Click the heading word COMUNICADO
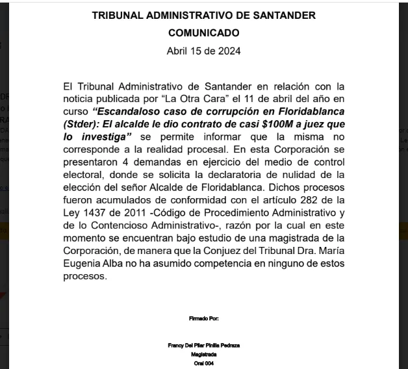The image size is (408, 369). [x=203, y=32]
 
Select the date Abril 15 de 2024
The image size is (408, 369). [x=203, y=51]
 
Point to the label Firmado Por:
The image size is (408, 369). [x=203, y=318]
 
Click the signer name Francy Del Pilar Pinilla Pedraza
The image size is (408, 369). [x=203, y=345]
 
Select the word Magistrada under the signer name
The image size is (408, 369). [x=203, y=354]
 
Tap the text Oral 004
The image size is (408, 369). [x=203, y=363]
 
